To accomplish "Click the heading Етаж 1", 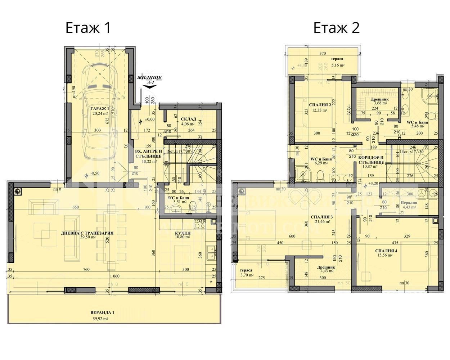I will [88, 28].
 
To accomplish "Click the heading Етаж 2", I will [336, 28].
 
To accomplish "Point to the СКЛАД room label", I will [188, 119].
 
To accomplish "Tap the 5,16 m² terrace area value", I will [338, 66].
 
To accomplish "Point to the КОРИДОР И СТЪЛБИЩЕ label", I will [371, 159].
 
